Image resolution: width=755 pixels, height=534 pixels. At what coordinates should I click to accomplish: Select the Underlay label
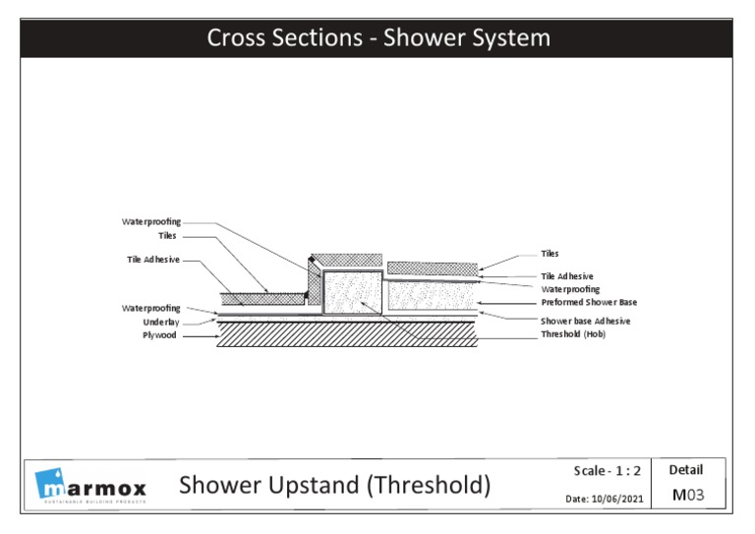coord(162,322)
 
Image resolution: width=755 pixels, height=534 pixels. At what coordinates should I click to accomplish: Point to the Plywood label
coord(161,335)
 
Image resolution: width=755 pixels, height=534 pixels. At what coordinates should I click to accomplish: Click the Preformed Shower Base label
coord(589,303)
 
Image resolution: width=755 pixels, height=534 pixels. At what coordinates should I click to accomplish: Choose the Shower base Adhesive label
coord(585,322)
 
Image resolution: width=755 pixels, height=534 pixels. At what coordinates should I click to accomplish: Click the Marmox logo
coord(90,486)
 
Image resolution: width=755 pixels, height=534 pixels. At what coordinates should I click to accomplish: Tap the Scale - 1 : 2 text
coord(607,471)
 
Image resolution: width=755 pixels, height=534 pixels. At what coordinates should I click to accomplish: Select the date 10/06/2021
coord(606,499)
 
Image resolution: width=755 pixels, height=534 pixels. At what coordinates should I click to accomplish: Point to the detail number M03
coord(690,496)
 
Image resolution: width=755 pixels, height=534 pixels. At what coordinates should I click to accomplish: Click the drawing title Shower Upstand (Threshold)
coord(333,485)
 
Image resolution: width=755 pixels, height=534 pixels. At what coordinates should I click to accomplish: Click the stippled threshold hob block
coord(352,292)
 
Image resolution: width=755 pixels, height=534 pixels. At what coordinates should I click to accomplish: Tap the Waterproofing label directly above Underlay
coord(150,308)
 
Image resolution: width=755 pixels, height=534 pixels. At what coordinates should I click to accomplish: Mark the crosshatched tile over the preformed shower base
coord(433,267)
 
